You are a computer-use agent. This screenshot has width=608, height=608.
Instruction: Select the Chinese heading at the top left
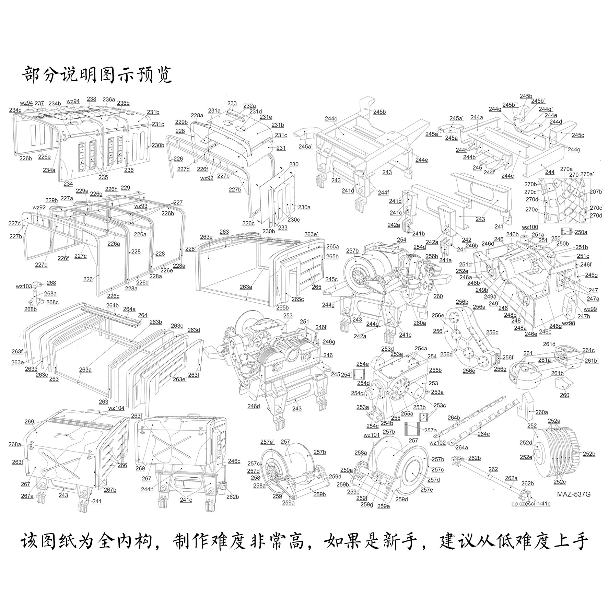click(97, 74)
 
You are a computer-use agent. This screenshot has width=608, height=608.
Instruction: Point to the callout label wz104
click(116, 408)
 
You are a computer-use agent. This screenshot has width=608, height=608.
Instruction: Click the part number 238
click(92, 99)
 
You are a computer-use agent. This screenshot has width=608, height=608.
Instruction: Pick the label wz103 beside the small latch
click(24, 286)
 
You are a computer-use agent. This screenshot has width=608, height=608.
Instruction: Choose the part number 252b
click(588, 454)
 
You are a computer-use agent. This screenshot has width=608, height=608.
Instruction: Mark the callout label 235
click(103, 177)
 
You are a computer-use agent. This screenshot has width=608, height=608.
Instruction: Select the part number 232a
click(249, 106)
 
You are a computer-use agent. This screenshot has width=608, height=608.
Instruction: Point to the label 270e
click(531, 209)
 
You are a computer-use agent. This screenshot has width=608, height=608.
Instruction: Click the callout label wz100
click(530, 227)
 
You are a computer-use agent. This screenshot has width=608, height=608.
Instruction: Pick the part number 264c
click(483, 434)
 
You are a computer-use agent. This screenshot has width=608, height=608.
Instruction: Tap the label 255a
click(407, 413)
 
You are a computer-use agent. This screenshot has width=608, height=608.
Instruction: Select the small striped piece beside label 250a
click(566, 232)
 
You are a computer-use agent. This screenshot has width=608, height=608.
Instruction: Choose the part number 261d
click(549, 344)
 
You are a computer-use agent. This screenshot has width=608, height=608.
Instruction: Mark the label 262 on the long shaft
click(493, 469)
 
